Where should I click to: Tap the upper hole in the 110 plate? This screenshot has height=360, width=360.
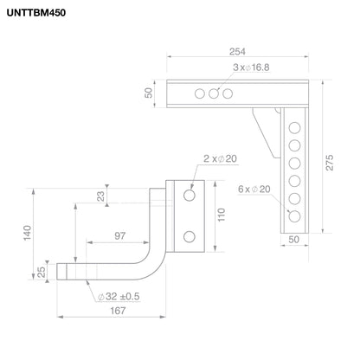[188, 196]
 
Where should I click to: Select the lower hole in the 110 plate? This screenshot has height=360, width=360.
[188, 234]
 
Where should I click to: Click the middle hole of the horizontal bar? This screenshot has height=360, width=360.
[213, 93]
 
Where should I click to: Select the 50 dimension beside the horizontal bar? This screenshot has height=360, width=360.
[148, 93]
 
